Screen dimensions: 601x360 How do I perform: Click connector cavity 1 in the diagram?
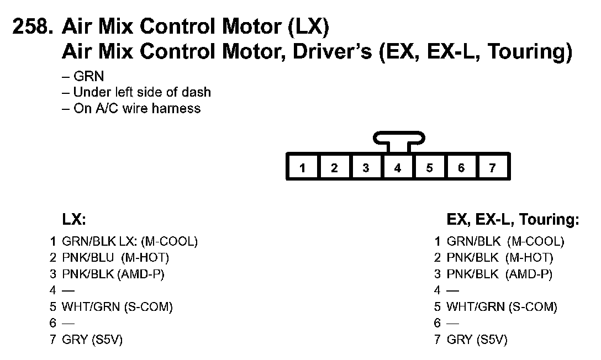tap(303, 168)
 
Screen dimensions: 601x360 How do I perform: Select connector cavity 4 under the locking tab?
tap(398, 168)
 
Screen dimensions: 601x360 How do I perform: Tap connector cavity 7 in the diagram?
tap(493, 168)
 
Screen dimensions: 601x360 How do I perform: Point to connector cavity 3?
tap(366, 168)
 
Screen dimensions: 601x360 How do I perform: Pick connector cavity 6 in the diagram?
tap(461, 168)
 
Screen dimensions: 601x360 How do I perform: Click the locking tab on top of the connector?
tap(398, 138)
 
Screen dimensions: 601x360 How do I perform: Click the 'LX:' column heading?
tap(74, 220)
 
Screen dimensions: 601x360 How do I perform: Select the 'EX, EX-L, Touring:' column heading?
tap(513, 220)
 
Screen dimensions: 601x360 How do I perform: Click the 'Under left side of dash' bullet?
tap(136, 92)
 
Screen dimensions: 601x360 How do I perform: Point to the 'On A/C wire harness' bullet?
tap(131, 108)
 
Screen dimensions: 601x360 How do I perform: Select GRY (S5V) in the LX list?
tap(92, 340)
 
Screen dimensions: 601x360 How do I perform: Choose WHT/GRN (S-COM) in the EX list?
tap(502, 307)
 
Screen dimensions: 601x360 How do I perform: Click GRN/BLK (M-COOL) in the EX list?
tap(505, 241)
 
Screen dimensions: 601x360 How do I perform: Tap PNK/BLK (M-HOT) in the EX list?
tap(499, 257)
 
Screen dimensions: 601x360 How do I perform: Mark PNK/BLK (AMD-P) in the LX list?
tap(113, 274)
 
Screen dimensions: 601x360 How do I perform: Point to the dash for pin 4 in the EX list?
tap(453, 290)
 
